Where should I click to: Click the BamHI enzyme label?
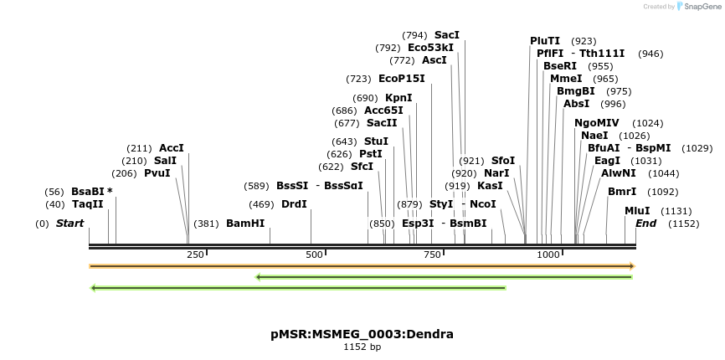[245, 224]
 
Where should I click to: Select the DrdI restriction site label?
[294, 204]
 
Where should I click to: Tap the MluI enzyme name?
[637, 211]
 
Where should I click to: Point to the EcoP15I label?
[402, 79]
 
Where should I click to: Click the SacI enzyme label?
[447, 35]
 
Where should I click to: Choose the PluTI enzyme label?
[545, 41]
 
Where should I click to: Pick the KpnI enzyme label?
[398, 98]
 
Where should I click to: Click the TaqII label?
[87, 204]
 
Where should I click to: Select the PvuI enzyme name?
[157, 173]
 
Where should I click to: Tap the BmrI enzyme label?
[622, 192]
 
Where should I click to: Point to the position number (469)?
[261, 204]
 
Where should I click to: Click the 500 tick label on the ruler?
[315, 255]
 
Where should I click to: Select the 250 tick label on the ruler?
[195, 255]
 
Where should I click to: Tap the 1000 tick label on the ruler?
[548, 255]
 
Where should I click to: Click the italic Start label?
[69, 224]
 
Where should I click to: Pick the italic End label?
[645, 224]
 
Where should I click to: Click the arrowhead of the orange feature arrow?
[632, 266]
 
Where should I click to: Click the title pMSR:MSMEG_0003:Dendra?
[362, 334]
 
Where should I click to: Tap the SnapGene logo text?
[699, 7]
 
